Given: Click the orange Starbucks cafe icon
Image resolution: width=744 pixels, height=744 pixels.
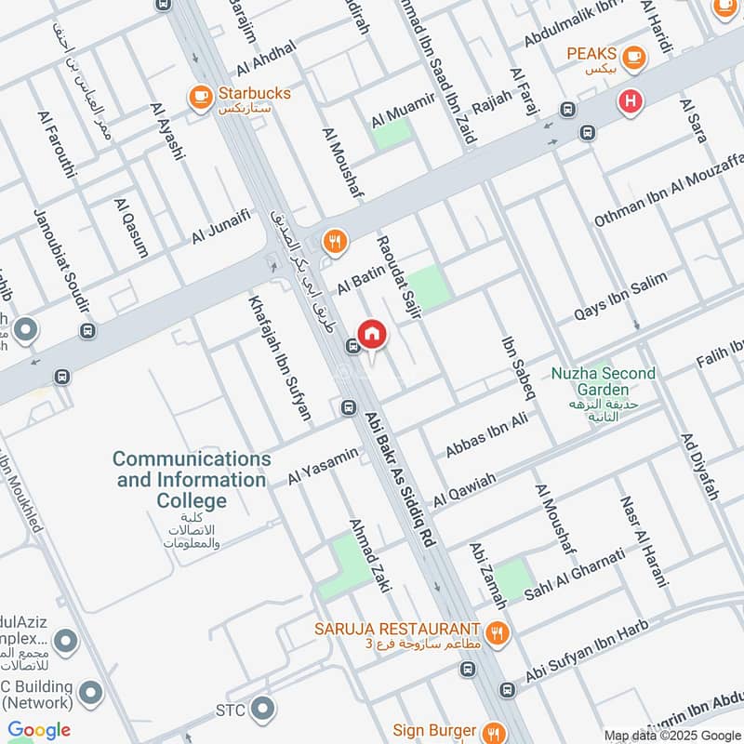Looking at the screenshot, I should coord(199,96).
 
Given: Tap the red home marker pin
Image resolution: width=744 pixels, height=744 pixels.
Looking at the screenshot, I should coord(371,334).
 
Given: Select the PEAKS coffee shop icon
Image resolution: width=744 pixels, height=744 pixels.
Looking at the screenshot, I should coord(635,57).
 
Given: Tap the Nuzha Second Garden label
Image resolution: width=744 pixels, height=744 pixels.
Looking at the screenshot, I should coord(603,381).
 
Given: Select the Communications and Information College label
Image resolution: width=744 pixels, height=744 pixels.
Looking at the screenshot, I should coord(192,480).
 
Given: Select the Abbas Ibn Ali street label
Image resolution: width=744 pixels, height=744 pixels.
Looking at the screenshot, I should coord(486,435).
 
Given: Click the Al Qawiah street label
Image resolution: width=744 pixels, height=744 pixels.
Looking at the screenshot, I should coord(464,487).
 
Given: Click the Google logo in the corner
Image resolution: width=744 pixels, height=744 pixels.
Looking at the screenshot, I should coord(39,730).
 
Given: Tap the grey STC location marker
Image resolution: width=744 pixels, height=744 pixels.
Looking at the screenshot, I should coord(262,711).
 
